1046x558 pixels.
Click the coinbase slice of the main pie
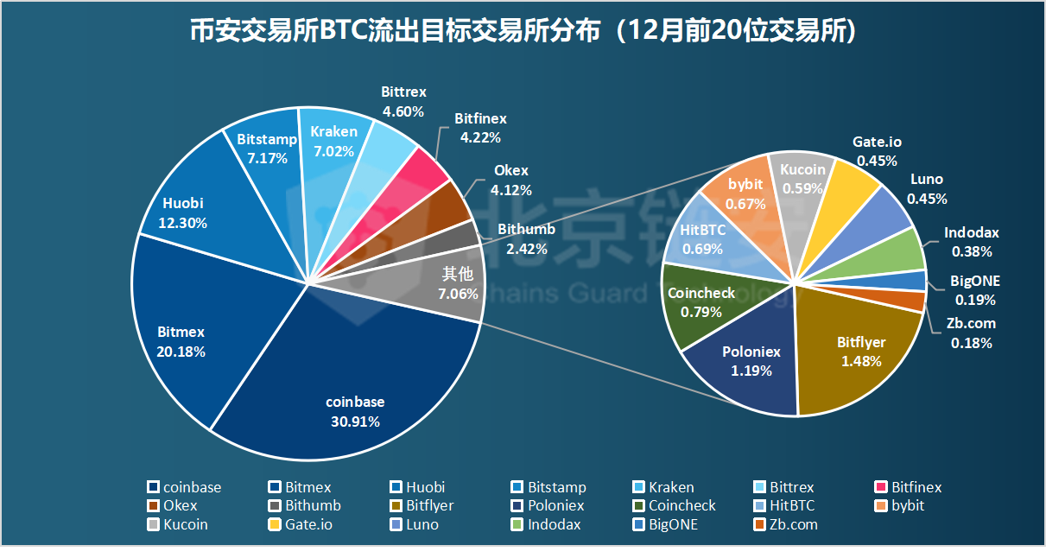click(x=354, y=389)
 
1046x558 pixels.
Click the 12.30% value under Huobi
click(x=182, y=223)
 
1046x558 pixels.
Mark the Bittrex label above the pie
click(x=403, y=92)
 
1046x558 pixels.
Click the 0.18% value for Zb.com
click(x=972, y=343)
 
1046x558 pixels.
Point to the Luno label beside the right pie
click(x=927, y=180)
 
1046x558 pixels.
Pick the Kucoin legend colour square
click(x=154, y=525)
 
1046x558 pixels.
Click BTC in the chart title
click(x=344, y=32)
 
